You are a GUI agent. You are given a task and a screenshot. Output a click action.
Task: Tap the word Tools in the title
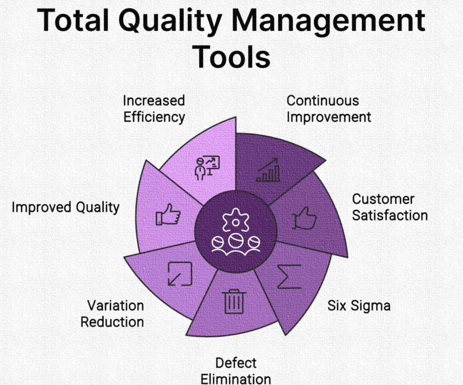[x=232, y=56]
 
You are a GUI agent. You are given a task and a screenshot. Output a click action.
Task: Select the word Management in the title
[x=328, y=21]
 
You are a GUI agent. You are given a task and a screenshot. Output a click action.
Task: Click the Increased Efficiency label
[x=154, y=109]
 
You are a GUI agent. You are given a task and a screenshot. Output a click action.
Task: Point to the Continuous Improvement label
[x=329, y=109]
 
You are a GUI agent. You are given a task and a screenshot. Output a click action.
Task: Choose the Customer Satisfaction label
[x=390, y=207]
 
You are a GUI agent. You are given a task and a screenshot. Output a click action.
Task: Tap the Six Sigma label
[x=359, y=305]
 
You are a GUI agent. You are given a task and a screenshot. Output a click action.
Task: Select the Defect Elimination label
[x=236, y=371]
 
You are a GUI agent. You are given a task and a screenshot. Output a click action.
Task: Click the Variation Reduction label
[x=112, y=314]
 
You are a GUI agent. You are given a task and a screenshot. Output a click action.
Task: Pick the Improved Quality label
[x=66, y=207]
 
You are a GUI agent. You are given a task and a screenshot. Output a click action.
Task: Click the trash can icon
[x=234, y=301]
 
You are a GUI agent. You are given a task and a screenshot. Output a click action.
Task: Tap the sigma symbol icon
[x=289, y=276]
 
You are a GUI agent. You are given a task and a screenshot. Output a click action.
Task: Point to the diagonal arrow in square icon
[x=180, y=274]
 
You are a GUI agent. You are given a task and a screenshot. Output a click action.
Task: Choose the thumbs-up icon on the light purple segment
[x=168, y=214]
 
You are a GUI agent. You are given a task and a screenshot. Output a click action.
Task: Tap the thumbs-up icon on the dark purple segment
[x=304, y=218]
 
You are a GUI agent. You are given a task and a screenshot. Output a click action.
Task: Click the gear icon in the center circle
[x=236, y=220]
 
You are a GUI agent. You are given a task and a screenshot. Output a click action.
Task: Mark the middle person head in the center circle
[x=236, y=241]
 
